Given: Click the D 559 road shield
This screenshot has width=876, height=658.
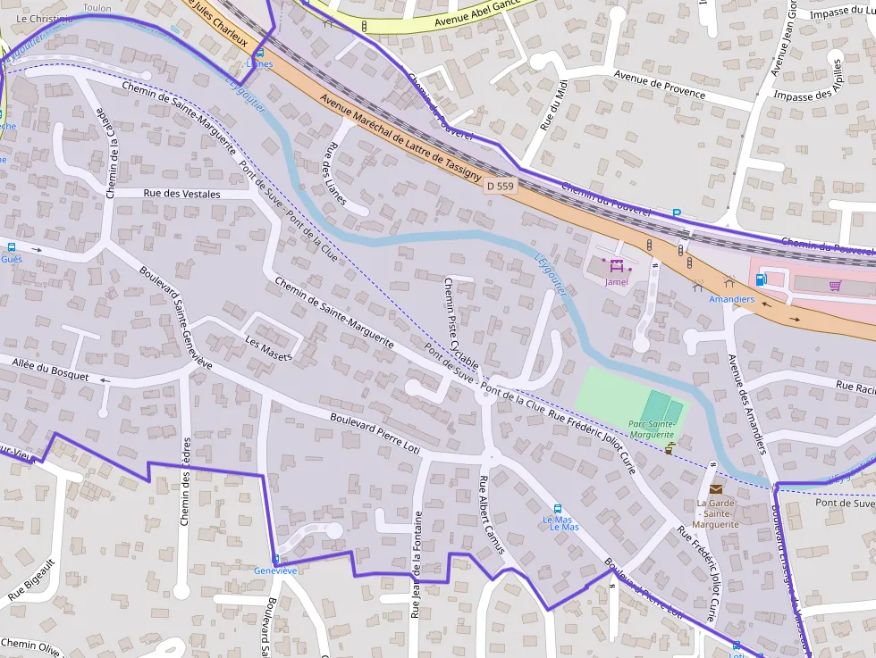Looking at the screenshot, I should click(x=500, y=187).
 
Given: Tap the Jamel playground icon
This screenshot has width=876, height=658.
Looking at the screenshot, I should click(x=616, y=265).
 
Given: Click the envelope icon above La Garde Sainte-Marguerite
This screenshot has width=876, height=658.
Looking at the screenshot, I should click(x=716, y=488).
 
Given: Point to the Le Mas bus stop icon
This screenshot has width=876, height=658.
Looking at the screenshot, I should click(x=559, y=508).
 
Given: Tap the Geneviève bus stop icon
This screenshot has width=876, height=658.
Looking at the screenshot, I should click(x=275, y=558).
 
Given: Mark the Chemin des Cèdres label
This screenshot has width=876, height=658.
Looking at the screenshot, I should click(x=186, y=480).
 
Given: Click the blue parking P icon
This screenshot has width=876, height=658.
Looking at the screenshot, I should click(x=677, y=214).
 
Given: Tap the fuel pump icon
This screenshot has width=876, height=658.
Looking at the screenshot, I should click(x=761, y=279).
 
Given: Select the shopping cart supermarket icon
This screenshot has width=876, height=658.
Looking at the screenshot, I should click(x=835, y=285).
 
